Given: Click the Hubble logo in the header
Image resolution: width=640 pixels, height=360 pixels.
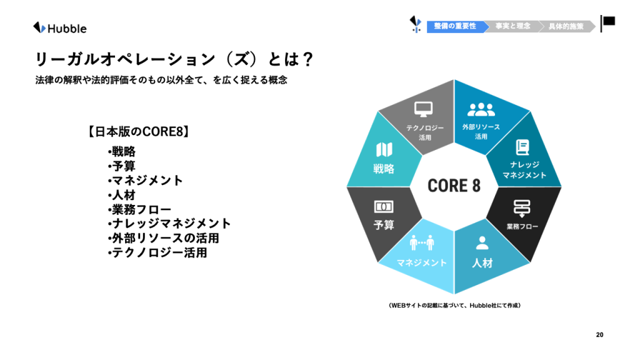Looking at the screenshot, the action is (x=59, y=28).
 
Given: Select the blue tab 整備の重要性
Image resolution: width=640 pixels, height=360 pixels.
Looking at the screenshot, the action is (x=456, y=26).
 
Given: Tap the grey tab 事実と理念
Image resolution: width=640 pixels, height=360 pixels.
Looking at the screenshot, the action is (x=512, y=26).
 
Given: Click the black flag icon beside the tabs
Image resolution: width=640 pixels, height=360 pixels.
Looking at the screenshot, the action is (x=607, y=23).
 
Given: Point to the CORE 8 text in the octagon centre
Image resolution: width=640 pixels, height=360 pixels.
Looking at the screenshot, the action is (x=454, y=186).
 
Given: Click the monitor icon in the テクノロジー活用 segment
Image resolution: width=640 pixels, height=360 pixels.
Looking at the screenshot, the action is (x=423, y=109).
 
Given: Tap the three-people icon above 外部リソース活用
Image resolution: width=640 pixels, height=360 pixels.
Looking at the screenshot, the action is (x=481, y=109).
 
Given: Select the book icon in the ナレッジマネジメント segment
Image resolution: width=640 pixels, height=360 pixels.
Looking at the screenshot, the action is (x=522, y=147).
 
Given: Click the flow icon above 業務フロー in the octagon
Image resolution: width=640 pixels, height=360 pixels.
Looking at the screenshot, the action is (x=522, y=208).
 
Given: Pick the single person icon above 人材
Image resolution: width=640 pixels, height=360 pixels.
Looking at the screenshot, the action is (x=482, y=243).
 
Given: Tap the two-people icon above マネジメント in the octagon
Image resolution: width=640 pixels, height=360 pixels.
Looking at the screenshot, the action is (x=422, y=242).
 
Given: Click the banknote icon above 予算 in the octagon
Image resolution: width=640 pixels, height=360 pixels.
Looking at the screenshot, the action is (x=384, y=206).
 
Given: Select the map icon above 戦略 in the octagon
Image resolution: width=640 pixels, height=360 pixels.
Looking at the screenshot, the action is (x=384, y=150).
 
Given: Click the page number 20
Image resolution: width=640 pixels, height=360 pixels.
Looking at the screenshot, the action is (x=599, y=335).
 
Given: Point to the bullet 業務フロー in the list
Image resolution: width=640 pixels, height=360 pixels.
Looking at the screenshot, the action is (x=139, y=209).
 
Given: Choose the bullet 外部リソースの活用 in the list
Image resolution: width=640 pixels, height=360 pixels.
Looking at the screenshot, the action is (x=163, y=238).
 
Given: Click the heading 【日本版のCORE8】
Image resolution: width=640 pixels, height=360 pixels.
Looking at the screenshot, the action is (x=139, y=131).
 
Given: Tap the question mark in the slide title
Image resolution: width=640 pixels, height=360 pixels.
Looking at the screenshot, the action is (x=307, y=59).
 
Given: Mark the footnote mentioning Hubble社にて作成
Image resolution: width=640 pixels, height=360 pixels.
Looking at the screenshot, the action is (x=454, y=305).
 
